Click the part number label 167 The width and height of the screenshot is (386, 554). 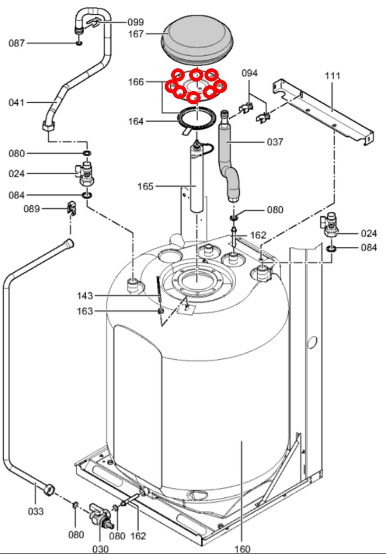tap(136, 34)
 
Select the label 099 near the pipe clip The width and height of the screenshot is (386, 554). tap(136, 22)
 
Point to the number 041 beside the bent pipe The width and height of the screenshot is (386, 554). tap(16, 102)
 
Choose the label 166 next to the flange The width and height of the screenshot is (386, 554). tap(136, 82)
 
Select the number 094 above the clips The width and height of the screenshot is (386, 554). tap(249, 73)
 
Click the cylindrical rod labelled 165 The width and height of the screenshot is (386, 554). tap(197, 177)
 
